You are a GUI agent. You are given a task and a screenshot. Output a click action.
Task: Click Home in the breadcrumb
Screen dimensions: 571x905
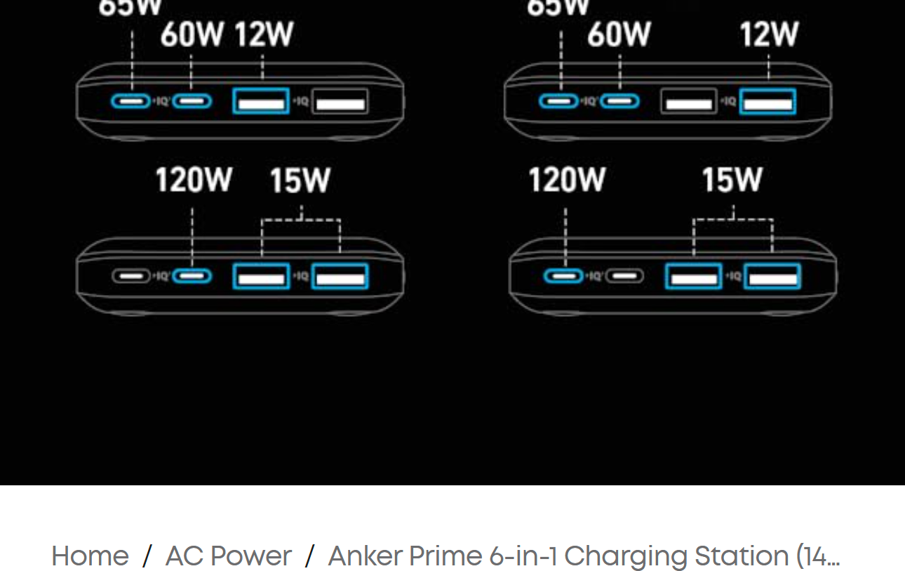click(x=90, y=556)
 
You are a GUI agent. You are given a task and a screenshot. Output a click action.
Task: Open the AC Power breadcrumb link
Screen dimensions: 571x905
click(x=228, y=556)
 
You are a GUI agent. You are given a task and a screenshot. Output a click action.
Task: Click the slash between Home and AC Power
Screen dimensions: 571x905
click(x=147, y=556)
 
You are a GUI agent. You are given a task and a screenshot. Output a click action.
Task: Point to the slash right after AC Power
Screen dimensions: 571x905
click(x=309, y=556)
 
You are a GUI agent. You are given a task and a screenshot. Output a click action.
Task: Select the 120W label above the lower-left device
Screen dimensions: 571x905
click(x=193, y=181)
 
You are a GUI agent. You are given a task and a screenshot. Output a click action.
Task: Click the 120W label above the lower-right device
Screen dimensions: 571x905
click(x=566, y=181)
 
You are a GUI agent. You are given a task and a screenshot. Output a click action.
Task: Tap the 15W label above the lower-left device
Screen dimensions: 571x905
click(x=300, y=181)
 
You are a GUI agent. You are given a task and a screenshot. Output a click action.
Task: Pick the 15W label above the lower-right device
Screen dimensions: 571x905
click(x=732, y=181)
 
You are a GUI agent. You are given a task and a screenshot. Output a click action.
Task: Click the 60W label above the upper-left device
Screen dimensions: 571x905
click(x=192, y=34)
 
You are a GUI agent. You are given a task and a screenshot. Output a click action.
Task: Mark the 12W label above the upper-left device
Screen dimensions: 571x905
click(x=263, y=34)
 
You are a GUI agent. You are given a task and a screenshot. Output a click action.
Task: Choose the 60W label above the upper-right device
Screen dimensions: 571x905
click(x=619, y=34)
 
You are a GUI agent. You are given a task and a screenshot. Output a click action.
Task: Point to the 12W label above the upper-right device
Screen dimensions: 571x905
click(x=769, y=34)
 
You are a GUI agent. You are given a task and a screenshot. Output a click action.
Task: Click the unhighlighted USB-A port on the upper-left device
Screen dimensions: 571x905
click(x=340, y=102)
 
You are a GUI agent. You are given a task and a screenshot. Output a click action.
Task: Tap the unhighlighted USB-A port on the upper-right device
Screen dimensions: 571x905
click(x=688, y=102)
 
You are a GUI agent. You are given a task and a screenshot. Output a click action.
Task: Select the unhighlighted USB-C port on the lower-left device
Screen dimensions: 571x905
click(x=131, y=276)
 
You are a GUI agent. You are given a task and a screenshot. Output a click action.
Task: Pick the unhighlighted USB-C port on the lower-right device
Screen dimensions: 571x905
click(x=624, y=276)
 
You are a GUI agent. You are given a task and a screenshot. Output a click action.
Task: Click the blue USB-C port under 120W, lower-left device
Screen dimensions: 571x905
click(x=192, y=276)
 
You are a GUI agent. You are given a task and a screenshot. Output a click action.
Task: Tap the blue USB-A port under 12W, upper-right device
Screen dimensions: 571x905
click(x=767, y=102)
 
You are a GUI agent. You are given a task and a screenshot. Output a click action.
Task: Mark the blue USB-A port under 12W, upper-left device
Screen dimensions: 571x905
click(x=261, y=101)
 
